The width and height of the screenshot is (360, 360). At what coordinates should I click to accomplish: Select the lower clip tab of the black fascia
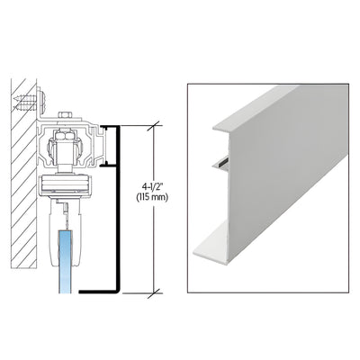(112, 165)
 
